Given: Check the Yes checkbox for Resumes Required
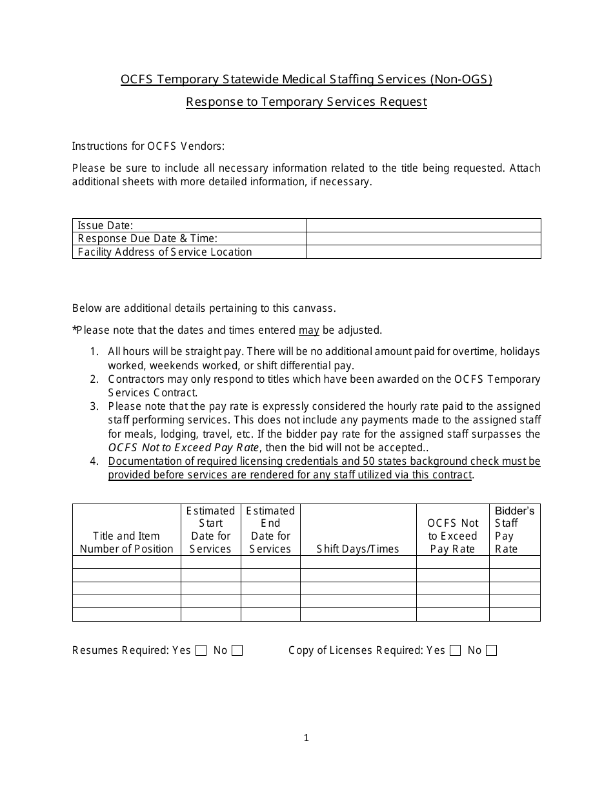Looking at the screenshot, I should [201, 651].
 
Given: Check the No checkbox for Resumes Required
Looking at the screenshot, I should [237, 651].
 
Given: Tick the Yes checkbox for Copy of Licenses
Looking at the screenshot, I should [455, 651].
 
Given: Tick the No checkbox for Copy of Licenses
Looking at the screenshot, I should [491, 651].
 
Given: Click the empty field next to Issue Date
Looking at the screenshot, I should [423, 225].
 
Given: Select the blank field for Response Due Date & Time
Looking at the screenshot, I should [423, 239].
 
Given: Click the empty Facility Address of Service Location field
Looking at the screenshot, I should [423, 252].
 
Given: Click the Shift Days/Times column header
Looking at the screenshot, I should [358, 549].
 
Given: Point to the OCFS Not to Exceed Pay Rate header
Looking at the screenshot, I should [452, 536].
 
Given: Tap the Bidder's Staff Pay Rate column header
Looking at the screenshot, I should [514, 529].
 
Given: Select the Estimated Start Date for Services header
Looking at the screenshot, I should [210, 529].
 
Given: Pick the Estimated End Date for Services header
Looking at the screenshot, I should [270, 529].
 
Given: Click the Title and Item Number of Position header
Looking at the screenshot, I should [126, 542].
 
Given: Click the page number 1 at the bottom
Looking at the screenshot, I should [306, 738].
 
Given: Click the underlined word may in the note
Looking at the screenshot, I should [308, 331].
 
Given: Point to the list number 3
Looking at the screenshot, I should [94, 406].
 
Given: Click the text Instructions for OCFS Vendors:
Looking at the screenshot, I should [148, 146].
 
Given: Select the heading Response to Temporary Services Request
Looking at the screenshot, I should [306, 102].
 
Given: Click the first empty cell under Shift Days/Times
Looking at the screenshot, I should [358, 562].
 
